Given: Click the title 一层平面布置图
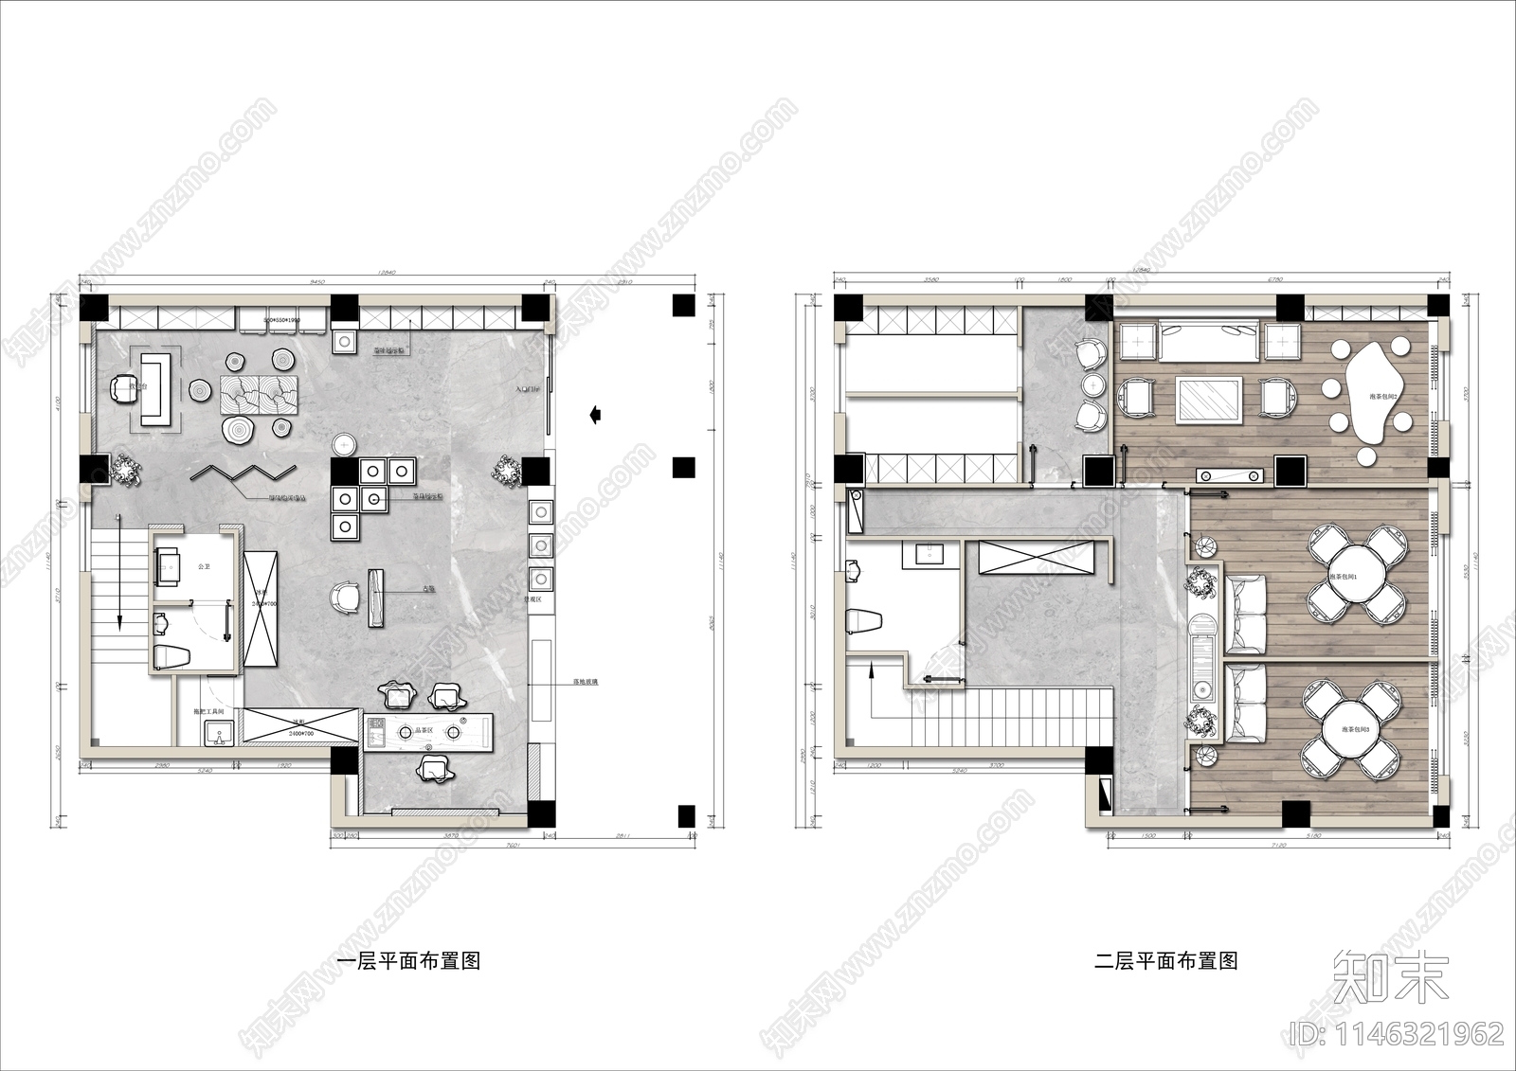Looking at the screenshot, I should [x=409, y=961].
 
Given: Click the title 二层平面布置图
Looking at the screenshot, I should [x=1166, y=961].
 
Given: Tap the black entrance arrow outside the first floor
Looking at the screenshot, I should [x=595, y=413].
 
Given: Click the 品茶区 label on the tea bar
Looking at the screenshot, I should [x=424, y=731].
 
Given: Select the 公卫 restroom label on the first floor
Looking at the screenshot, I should [x=204, y=566].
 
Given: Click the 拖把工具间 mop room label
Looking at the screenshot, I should [x=208, y=710].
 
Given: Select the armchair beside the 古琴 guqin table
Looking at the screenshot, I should [x=345, y=596].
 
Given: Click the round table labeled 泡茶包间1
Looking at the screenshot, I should [x=1355, y=576].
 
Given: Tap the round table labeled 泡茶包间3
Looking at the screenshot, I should [x=1355, y=729].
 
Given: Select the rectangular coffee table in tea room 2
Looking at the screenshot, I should [x=1210, y=398].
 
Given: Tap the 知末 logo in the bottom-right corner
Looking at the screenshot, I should [x=1391, y=976].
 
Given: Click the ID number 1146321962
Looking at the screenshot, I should [x=1398, y=1032].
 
